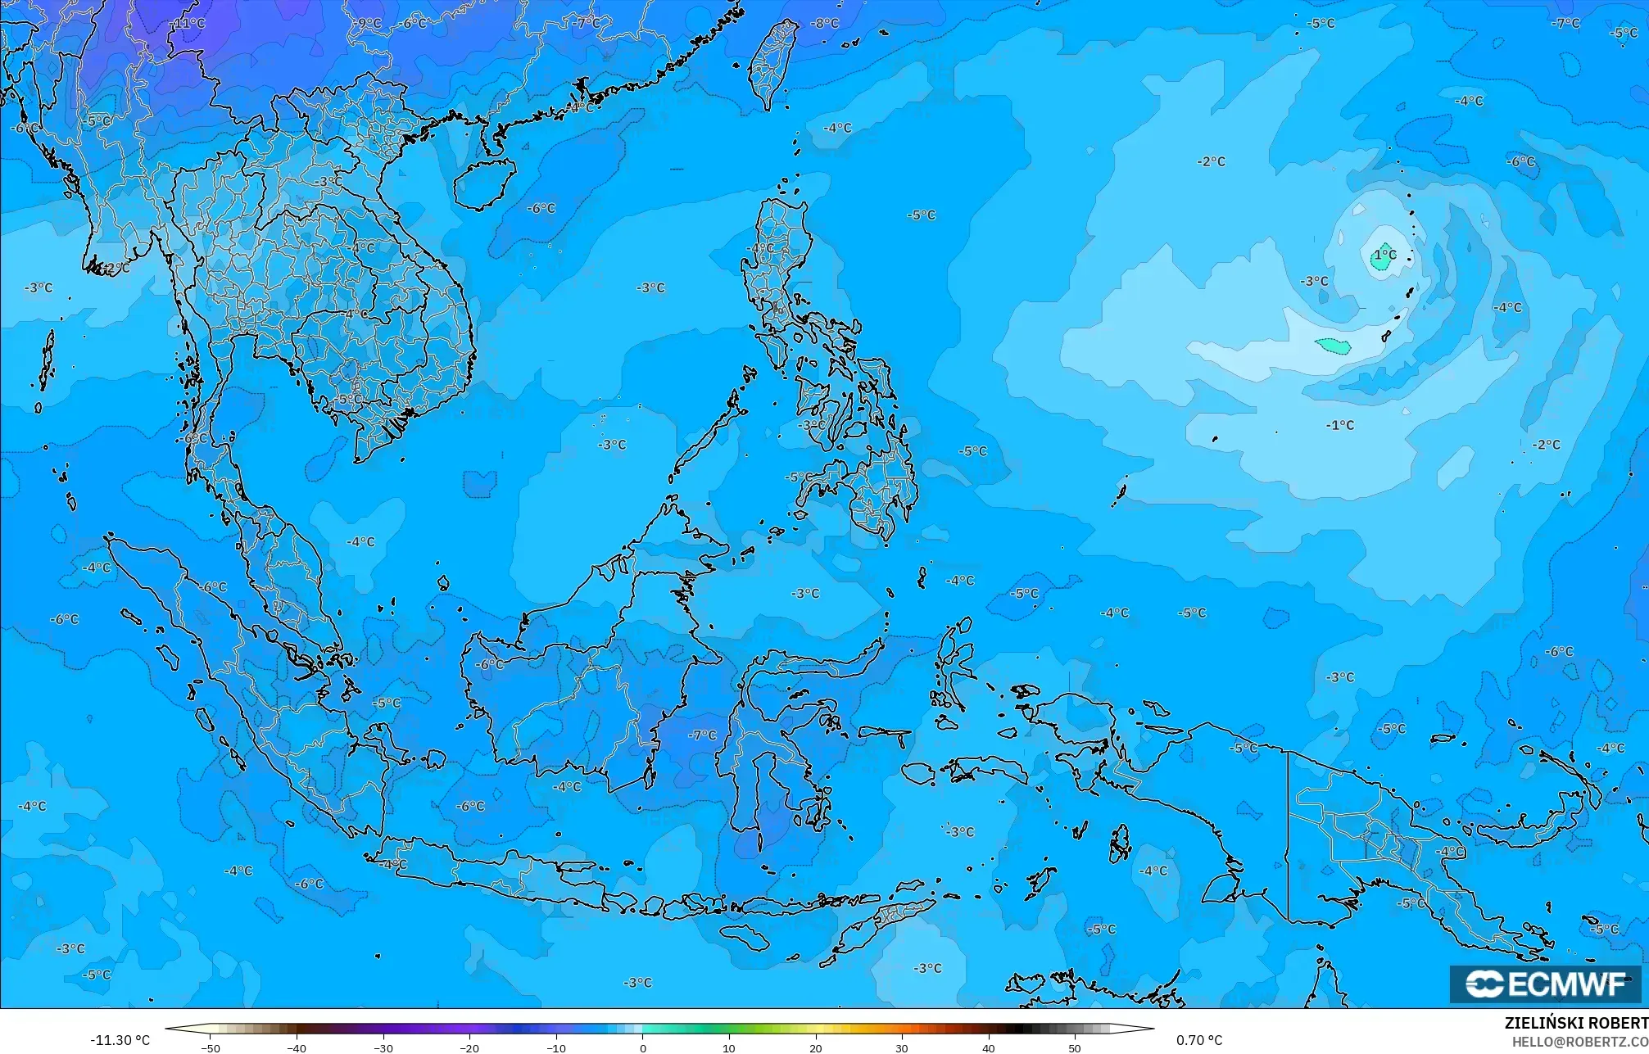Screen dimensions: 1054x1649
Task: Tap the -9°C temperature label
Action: [x=369, y=24]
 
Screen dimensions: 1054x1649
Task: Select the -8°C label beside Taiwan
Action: [x=825, y=24]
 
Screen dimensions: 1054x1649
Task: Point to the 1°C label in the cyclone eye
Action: [x=1386, y=255]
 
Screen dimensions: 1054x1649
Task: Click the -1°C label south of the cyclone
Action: [x=1340, y=425]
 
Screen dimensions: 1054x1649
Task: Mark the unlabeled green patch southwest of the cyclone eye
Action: [x=1333, y=346]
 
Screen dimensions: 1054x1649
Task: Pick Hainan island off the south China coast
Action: [x=484, y=183]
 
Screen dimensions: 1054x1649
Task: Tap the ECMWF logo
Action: [x=1546, y=984]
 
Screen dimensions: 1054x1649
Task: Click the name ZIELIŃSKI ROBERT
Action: [x=1576, y=1023]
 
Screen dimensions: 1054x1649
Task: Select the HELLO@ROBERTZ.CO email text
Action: [x=1579, y=1042]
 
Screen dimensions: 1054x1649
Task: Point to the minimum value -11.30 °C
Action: [x=120, y=1040]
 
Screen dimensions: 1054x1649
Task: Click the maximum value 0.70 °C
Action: [x=1199, y=1040]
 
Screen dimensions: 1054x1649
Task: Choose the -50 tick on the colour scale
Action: [x=211, y=1047]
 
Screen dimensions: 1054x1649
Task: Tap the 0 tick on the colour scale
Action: [x=643, y=1047]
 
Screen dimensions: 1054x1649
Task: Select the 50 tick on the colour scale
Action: [x=1075, y=1047]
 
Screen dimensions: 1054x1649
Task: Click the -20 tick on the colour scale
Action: [x=469, y=1047]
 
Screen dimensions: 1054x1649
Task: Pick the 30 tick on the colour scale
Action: [x=902, y=1047]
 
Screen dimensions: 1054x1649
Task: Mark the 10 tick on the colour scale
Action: [x=729, y=1047]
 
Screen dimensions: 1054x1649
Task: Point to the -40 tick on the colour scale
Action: [x=297, y=1047]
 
